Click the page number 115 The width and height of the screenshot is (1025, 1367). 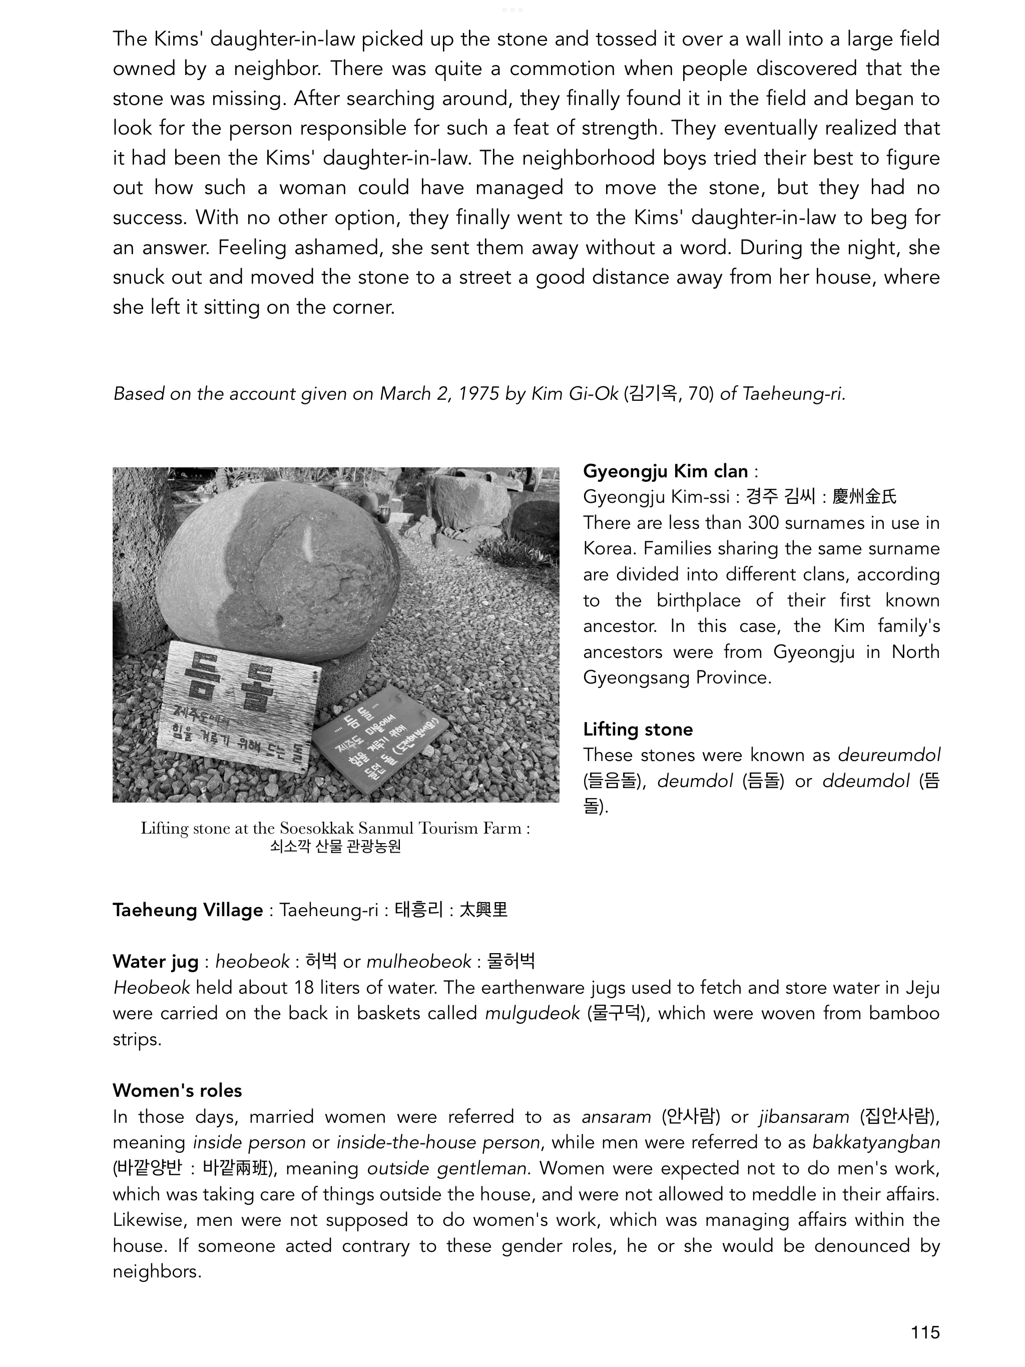point(924,1332)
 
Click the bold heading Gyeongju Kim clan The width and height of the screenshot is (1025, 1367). point(665,471)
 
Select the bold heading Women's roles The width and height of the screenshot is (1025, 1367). point(177,1090)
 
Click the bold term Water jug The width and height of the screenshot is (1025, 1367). point(155,962)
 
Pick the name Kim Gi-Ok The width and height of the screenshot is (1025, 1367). point(575,394)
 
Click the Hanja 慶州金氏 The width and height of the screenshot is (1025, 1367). point(864,497)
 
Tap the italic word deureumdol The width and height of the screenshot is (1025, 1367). point(889,755)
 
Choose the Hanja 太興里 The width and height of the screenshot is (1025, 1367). point(483,910)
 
